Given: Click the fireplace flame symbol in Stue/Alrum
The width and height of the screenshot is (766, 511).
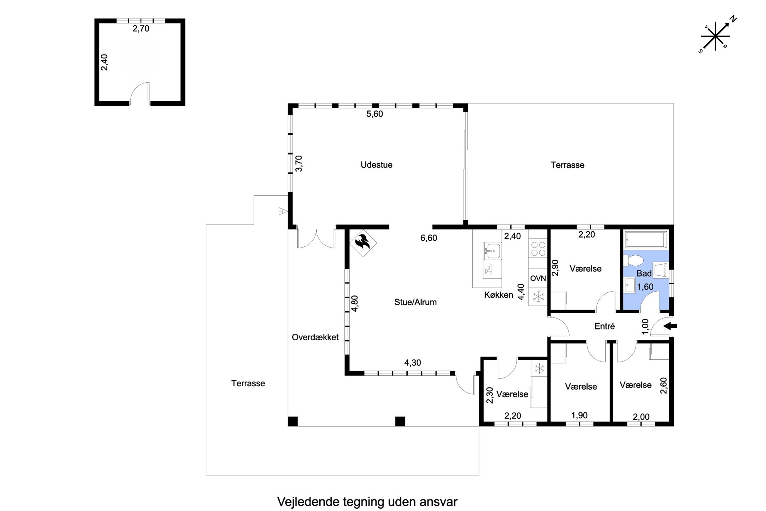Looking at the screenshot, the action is [363, 243].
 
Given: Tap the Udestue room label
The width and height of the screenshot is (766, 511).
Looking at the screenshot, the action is [376, 165].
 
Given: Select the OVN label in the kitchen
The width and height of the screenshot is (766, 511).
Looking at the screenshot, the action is [538, 278].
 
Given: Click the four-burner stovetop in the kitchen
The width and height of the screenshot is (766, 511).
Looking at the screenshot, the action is [538, 249].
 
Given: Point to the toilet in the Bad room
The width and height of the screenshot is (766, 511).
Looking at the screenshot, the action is [632, 260].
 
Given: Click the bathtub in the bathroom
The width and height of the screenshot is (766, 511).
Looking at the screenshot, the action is [647, 239].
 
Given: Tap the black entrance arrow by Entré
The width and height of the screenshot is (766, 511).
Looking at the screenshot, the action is [670, 326].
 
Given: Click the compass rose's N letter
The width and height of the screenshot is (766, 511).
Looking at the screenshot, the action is [733, 19].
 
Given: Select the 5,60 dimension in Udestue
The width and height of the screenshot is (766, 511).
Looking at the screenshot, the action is [375, 114].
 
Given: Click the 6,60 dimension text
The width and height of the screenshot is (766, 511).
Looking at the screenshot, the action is [429, 238].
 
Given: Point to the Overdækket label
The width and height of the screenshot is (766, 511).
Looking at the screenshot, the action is [315, 337].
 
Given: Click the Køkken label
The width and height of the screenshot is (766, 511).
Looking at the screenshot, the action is [498, 295].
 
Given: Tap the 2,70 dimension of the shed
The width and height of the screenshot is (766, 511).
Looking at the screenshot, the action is [141, 29].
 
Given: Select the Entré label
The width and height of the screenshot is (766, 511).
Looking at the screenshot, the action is [604, 326].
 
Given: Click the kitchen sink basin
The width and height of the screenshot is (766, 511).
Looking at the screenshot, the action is [491, 250].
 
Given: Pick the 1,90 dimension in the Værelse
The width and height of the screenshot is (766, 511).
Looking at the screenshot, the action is [579, 415].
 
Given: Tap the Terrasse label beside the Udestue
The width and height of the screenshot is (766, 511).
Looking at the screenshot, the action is [567, 165].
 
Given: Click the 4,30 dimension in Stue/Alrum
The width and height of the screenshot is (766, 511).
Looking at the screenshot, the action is [412, 363].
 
